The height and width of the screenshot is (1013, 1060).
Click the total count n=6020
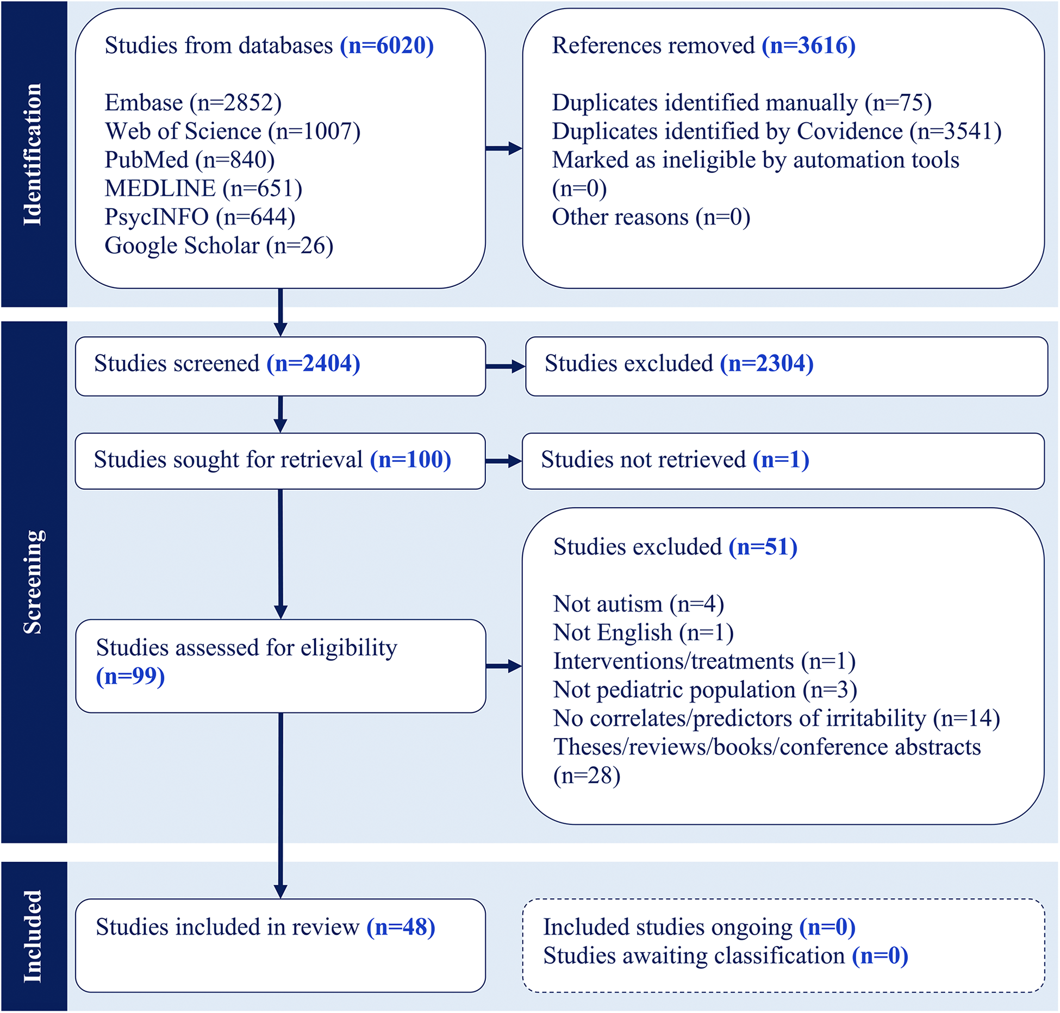pos(386,46)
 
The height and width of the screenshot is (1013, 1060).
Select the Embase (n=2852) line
pos(193,103)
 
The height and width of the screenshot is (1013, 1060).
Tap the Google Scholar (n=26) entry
pos(219,246)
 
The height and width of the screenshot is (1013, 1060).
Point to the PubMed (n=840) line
pos(189,160)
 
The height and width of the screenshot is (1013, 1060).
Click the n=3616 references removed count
pos(808,46)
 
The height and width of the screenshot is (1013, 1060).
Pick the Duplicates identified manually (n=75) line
pos(741,103)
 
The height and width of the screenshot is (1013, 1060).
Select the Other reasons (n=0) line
pos(651,217)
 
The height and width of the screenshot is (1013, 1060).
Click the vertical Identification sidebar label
pos(33,154)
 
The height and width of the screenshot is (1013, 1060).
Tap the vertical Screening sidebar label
pos(33,581)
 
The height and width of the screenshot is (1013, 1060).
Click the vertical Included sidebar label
pos(33,936)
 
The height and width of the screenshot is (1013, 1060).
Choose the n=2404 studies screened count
pos(313,364)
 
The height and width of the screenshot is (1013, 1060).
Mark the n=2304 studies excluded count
pos(766,364)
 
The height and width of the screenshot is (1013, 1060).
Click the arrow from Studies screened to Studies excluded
pos(504,367)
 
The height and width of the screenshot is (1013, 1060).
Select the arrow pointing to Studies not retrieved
pos(503,461)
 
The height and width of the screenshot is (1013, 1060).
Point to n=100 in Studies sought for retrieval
pos(410,460)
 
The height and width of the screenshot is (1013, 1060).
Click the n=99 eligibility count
pos(130,677)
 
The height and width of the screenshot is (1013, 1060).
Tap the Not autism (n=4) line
pos(638,604)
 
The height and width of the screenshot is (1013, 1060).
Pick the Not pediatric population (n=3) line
pos(704,690)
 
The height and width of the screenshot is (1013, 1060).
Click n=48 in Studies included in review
pos(401,927)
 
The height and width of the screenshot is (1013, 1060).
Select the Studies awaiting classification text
pos(694,956)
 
